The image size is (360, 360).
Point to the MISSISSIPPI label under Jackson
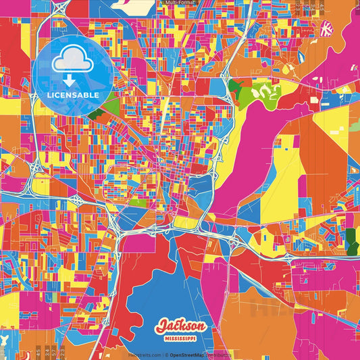coord(180,336)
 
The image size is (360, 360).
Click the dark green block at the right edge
coord(351,238)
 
